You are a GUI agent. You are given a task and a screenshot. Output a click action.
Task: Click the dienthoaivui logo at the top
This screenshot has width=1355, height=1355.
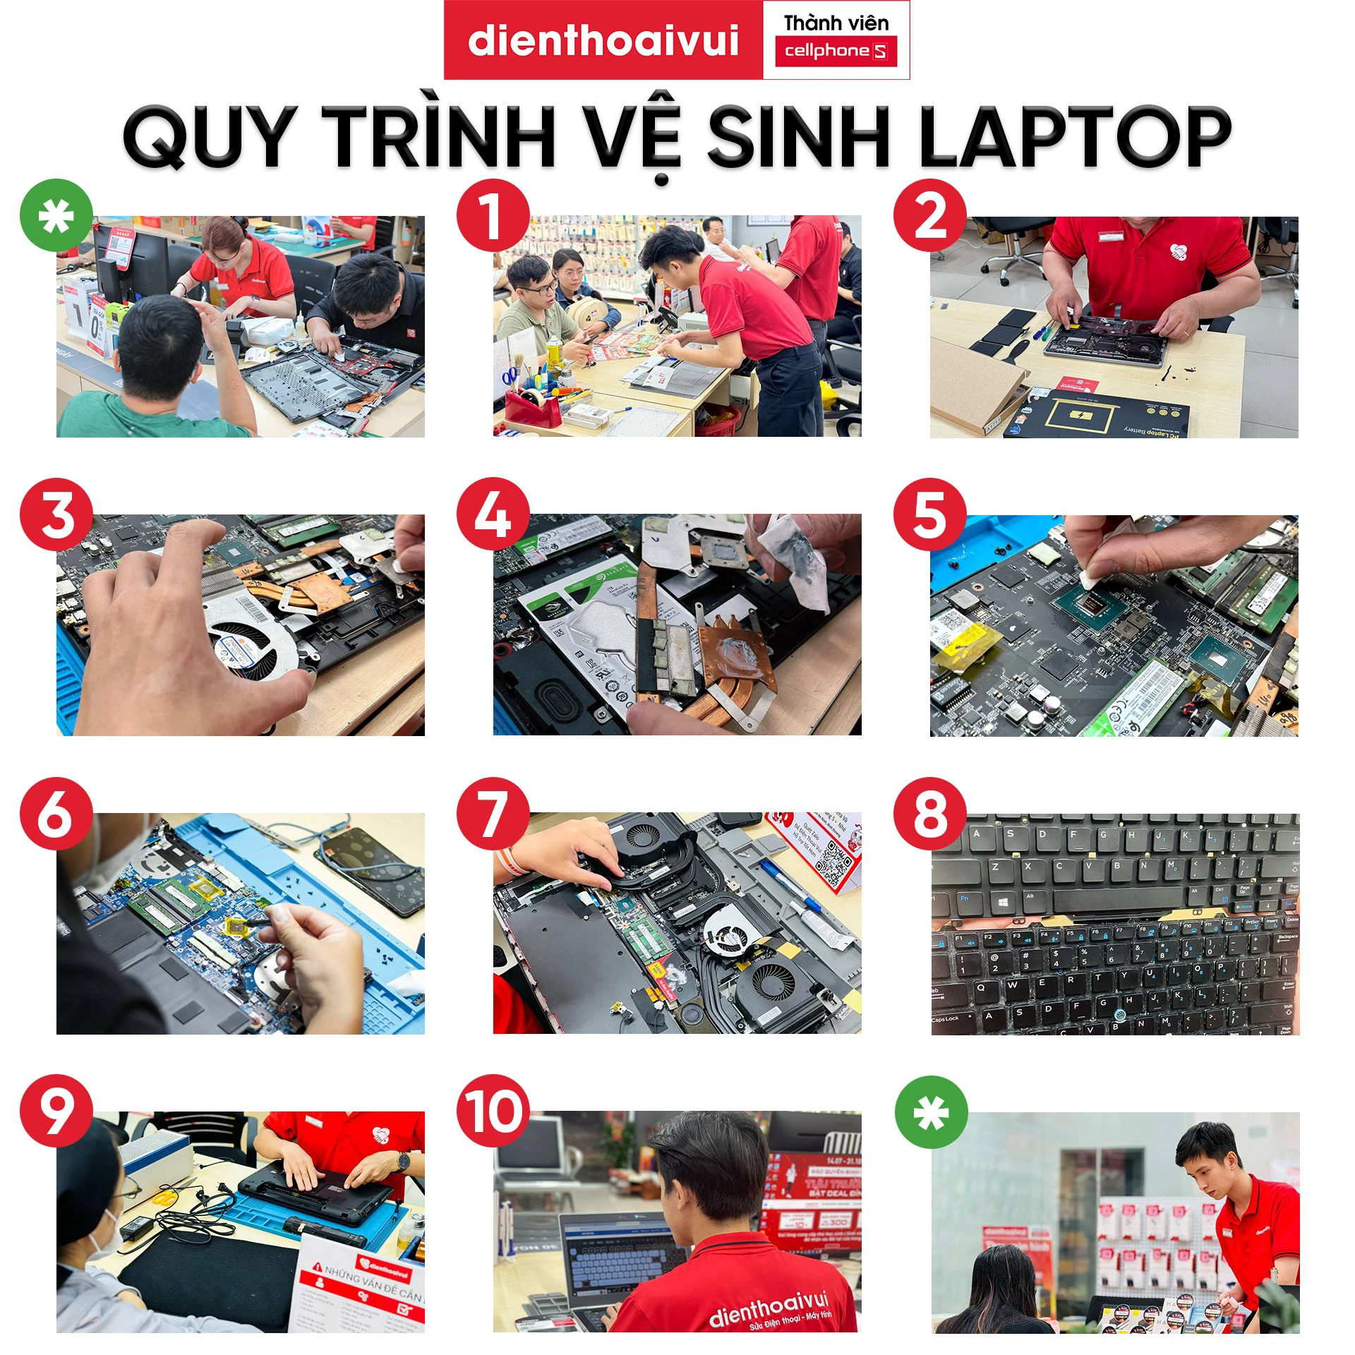tap(603, 40)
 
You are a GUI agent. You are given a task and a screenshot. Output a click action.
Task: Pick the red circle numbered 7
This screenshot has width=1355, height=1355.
tap(492, 814)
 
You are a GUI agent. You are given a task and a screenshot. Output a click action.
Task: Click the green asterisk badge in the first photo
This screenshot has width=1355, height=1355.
tap(56, 217)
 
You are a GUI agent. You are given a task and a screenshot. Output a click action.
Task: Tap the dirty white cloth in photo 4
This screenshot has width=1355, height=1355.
tap(794, 565)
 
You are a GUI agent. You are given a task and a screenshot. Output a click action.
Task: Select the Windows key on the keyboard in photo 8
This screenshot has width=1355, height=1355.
tap(1003, 903)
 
